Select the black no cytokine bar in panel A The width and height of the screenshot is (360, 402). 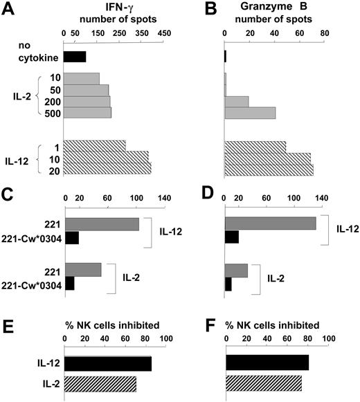[75, 57]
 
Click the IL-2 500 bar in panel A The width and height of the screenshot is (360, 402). [87, 113]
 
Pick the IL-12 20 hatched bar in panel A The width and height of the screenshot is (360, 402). [107, 168]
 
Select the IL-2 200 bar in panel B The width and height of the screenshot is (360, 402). [237, 102]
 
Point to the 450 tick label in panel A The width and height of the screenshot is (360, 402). [164, 31]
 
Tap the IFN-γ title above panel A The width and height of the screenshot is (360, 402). [114, 6]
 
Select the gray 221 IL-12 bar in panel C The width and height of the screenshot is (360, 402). [102, 224]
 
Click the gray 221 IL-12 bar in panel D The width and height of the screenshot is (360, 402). [271, 223]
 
